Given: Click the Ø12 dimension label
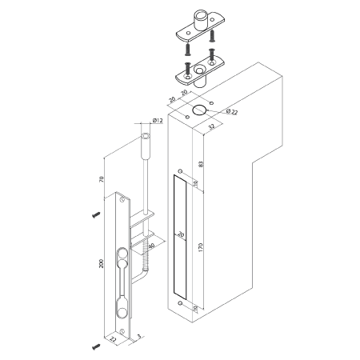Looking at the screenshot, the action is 158,120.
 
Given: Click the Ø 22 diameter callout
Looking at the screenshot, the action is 231,112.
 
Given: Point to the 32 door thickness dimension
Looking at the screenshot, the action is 211,126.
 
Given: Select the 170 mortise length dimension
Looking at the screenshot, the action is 201,247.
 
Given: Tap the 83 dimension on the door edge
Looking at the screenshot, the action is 202,164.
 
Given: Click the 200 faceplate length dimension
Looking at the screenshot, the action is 101,263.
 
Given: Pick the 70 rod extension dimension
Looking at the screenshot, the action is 102,179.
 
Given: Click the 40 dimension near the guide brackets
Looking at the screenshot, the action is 151,246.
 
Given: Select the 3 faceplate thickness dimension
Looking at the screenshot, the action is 139,337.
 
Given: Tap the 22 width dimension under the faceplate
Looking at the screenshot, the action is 114,339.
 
